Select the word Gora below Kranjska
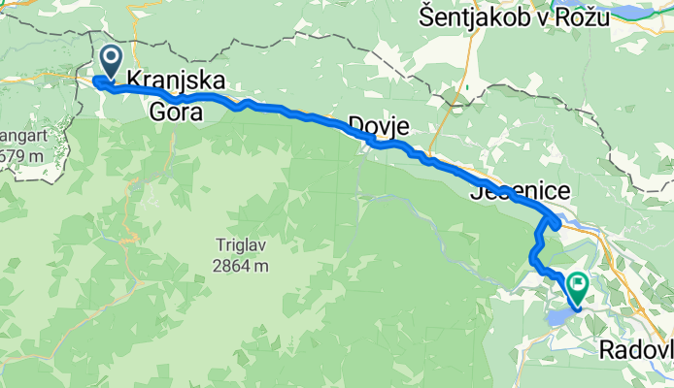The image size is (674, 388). point(176,113)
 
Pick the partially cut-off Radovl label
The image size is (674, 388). point(636,351)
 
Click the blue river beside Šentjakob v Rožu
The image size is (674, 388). point(641,14)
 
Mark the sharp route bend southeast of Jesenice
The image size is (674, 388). point(556,222)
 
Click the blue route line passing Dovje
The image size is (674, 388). point(388,145)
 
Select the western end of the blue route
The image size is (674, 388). point(97,81)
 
